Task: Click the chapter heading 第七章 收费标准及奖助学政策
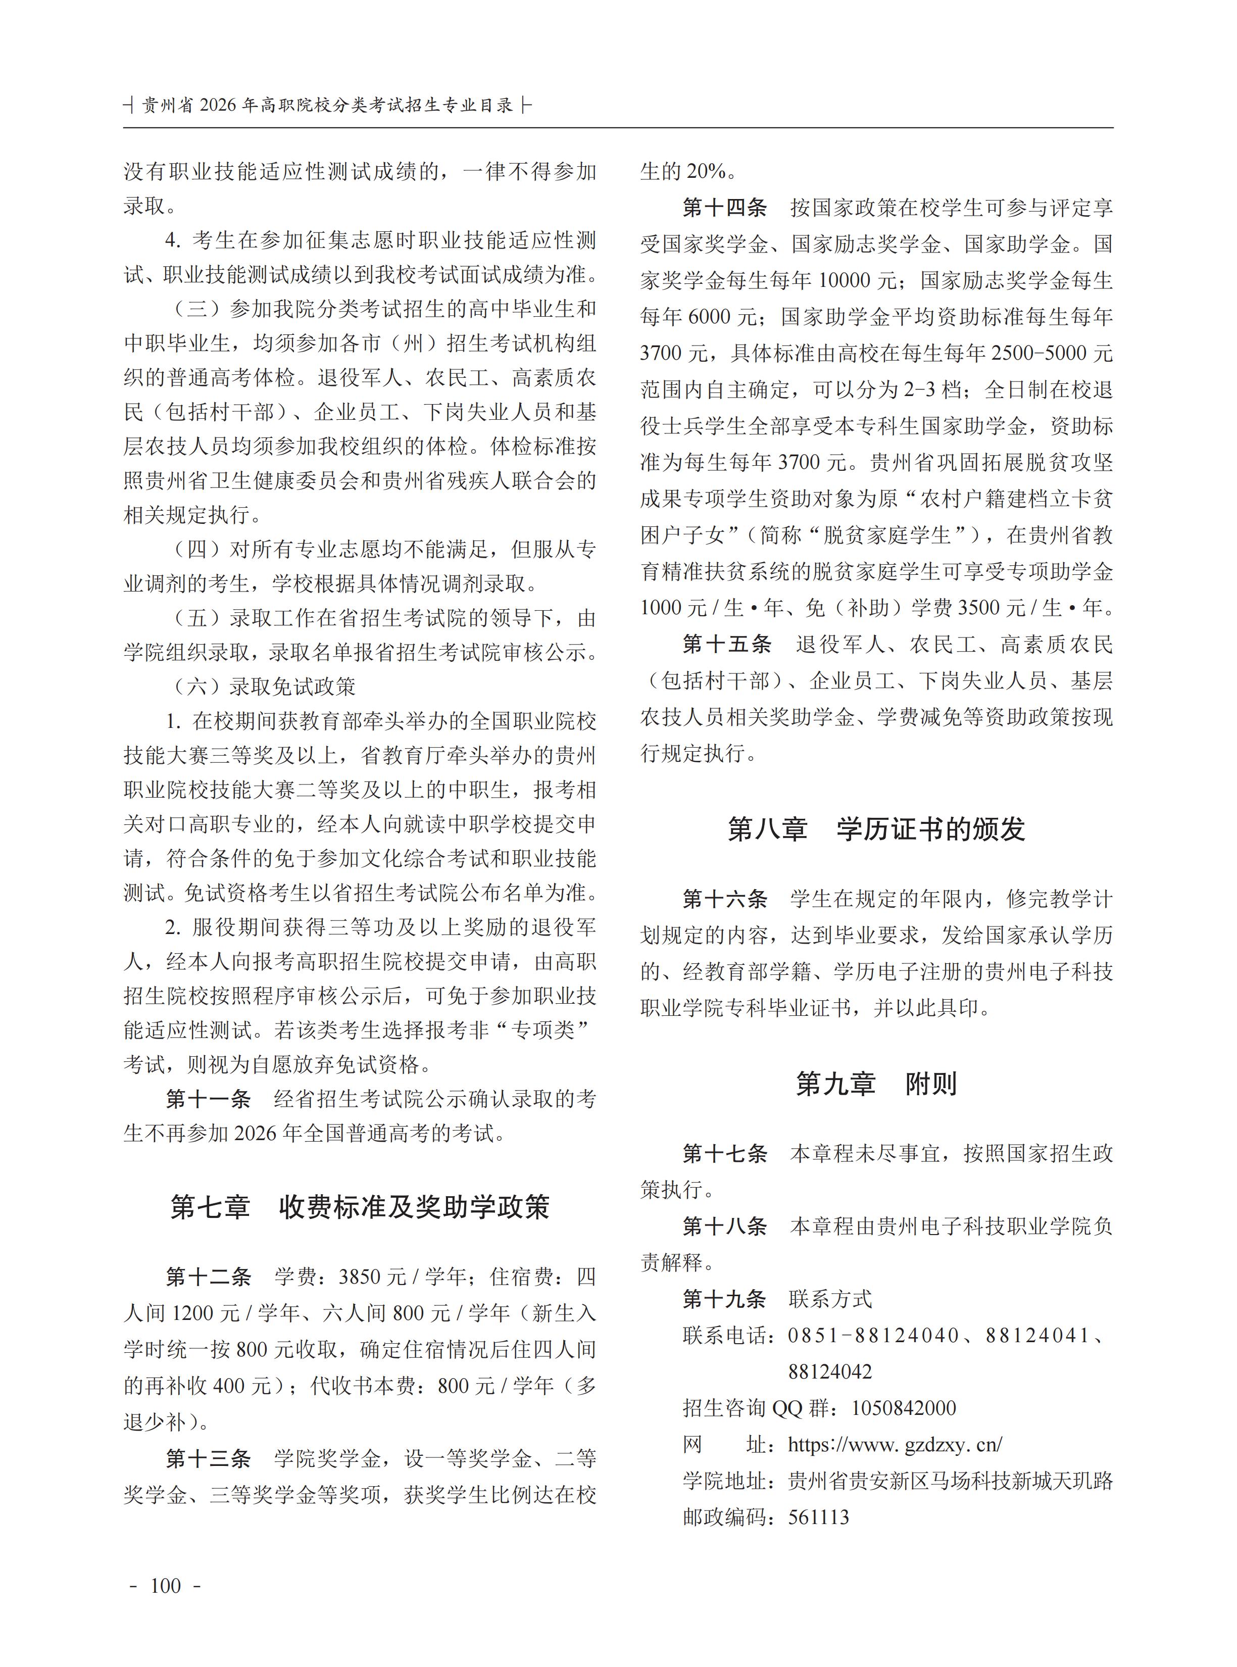pyautogui.click(x=360, y=1207)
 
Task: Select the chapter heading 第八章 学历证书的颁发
pyautogui.click(x=876, y=829)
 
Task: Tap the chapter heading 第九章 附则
pyautogui.click(x=876, y=1084)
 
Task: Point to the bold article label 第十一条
pyautogui.click(x=208, y=1099)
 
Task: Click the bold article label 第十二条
pyautogui.click(x=208, y=1277)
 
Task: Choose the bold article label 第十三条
pyautogui.click(x=208, y=1459)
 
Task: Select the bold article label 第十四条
pyautogui.click(x=725, y=208)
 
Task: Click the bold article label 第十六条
pyautogui.click(x=725, y=899)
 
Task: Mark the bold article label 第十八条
pyautogui.click(x=725, y=1226)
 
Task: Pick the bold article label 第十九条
pyautogui.click(x=725, y=1299)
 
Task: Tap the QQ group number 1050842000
pyautogui.click(x=904, y=1408)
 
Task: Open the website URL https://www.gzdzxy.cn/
pyautogui.click(x=895, y=1445)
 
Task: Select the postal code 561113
pyautogui.click(x=818, y=1517)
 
